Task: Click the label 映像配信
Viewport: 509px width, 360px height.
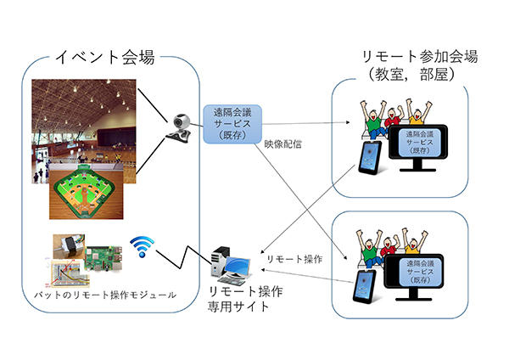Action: pos(280,143)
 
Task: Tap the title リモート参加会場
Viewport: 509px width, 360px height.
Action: pos(419,58)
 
